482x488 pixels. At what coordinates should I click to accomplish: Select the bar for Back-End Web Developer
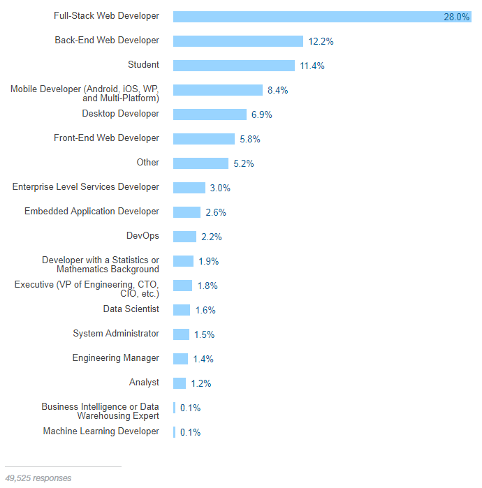click(x=238, y=41)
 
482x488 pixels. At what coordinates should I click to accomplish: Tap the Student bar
click(x=233, y=66)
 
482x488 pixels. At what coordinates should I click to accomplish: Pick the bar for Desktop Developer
click(x=210, y=114)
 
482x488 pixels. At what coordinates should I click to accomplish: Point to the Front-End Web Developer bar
click(x=203, y=139)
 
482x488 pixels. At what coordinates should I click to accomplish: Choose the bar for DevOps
click(x=184, y=237)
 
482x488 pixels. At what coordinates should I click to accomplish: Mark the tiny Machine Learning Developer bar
click(x=174, y=432)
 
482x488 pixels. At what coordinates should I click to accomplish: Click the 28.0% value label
click(x=456, y=17)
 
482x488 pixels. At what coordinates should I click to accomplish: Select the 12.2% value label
click(x=321, y=41)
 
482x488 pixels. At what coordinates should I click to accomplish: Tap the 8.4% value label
click(x=277, y=90)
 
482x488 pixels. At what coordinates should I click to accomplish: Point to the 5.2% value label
click(x=243, y=163)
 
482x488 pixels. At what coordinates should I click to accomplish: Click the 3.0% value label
click(x=219, y=188)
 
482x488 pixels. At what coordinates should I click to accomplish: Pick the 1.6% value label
click(x=205, y=310)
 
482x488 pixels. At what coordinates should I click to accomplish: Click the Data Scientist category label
click(x=131, y=309)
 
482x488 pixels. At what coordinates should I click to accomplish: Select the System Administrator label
click(x=116, y=334)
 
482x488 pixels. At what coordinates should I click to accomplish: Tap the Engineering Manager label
click(x=115, y=358)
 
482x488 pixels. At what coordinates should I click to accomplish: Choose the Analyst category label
click(x=144, y=383)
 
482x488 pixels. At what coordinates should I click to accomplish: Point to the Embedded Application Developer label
click(x=92, y=212)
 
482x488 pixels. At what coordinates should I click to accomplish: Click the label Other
click(x=147, y=163)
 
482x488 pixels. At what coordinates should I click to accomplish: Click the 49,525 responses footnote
click(x=38, y=478)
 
